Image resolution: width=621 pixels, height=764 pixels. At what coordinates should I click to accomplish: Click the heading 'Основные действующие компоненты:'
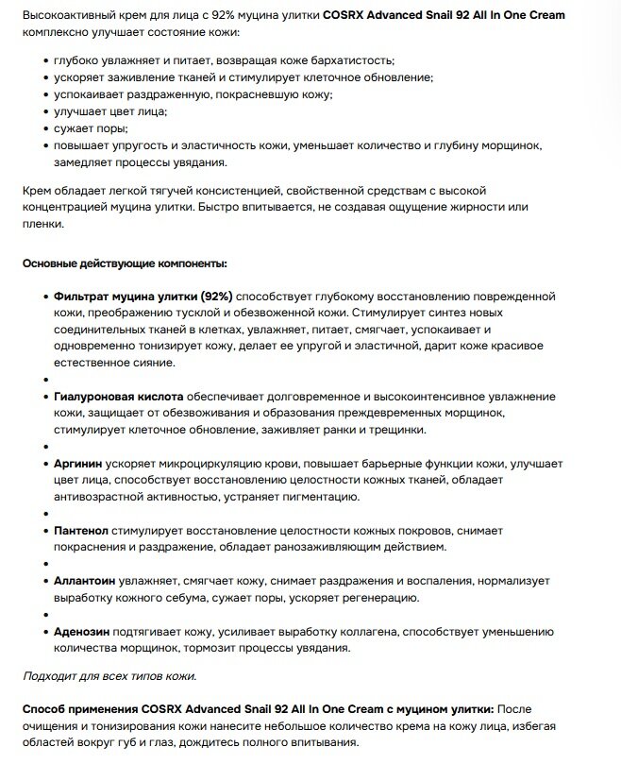click(125, 263)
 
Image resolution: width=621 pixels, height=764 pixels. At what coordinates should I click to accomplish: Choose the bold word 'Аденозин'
click(82, 632)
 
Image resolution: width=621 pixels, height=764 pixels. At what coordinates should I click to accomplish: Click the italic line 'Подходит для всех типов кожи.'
click(109, 675)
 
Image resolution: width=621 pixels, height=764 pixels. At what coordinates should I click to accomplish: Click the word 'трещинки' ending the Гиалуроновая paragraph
click(395, 430)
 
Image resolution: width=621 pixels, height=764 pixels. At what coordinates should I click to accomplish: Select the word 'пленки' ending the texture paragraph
click(43, 225)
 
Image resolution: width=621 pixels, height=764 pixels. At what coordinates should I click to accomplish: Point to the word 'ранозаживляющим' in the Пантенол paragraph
click(353, 547)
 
